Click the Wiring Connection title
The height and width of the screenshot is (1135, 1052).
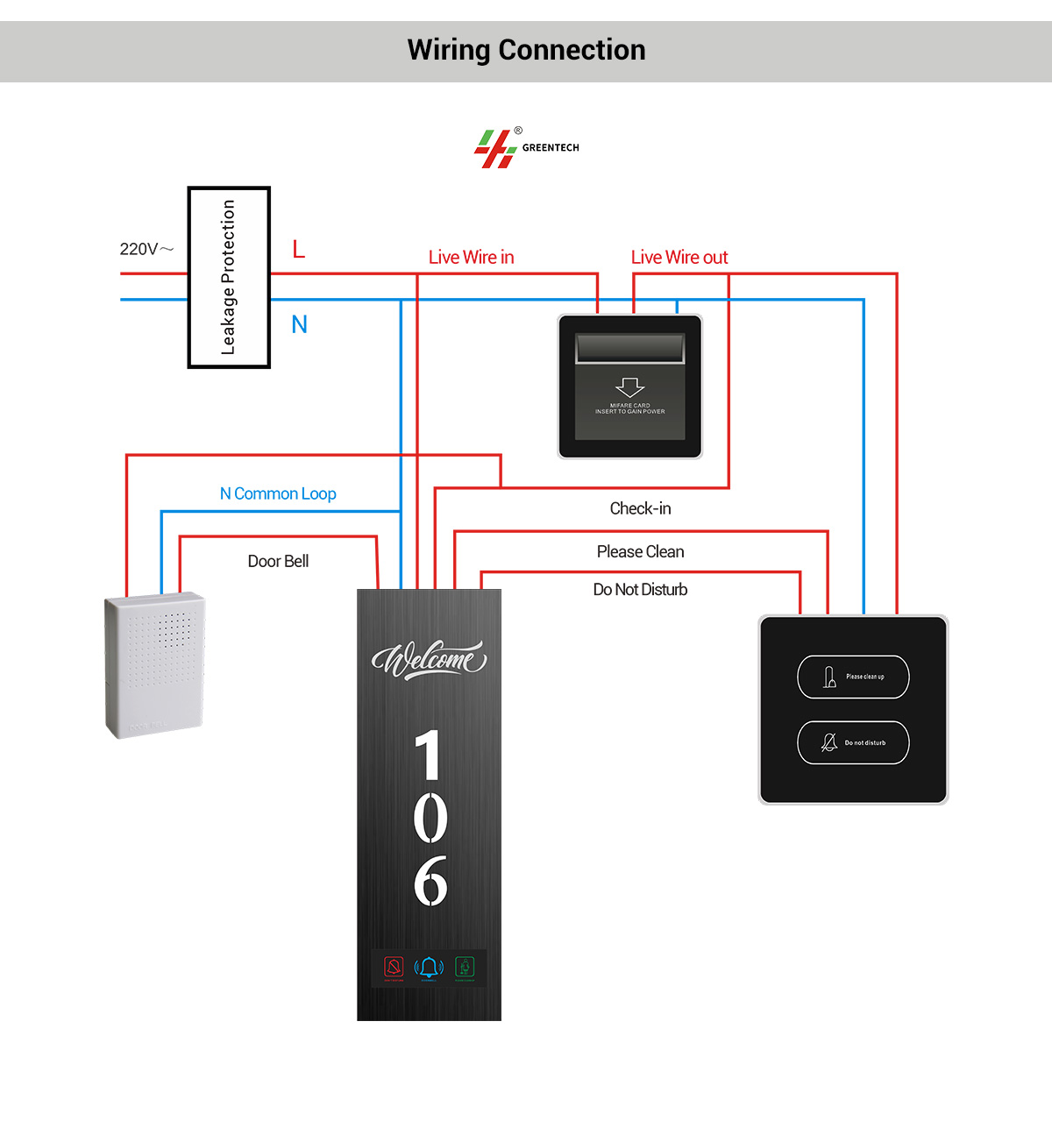(526, 50)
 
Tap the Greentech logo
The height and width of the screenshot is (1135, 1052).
(526, 147)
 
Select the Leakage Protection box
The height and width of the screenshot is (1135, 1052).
(229, 277)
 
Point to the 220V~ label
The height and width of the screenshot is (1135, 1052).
(146, 249)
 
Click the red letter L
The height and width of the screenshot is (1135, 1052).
(299, 250)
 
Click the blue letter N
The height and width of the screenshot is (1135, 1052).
(299, 325)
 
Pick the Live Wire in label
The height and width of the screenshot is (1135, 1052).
(471, 257)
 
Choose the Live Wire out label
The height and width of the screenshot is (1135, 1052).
(679, 257)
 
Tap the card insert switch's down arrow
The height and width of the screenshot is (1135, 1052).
(629, 387)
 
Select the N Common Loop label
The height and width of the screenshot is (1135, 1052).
(278, 493)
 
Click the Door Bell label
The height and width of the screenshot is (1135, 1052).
(278, 561)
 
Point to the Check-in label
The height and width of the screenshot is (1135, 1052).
(640, 508)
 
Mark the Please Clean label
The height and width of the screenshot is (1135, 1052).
(640, 551)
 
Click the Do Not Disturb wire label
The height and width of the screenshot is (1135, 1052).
(640, 590)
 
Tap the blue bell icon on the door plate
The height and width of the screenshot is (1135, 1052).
(429, 967)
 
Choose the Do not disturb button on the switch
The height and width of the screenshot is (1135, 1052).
(853, 742)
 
